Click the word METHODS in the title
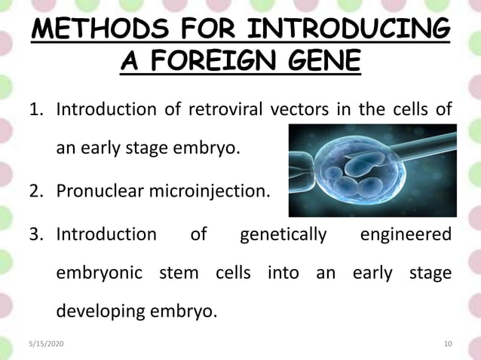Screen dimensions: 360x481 pyautogui.click(x=96, y=31)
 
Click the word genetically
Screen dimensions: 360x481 pyautogui.click(x=283, y=234)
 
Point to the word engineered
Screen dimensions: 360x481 pyautogui.click(x=406, y=234)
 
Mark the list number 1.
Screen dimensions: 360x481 pyautogui.click(x=35, y=110)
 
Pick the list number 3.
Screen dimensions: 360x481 pyautogui.click(x=35, y=234)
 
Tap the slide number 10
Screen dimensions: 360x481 pyautogui.click(x=448, y=344)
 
